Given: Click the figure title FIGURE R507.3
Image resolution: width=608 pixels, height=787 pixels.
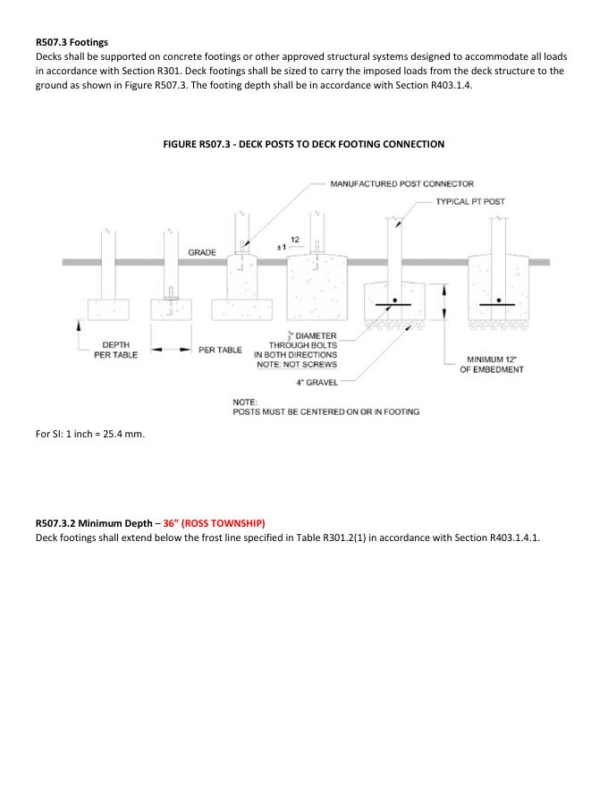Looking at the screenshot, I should click(303, 144).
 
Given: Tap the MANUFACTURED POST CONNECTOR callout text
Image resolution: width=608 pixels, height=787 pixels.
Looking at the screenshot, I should click(401, 183).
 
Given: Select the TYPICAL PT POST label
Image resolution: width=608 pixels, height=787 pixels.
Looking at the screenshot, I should click(470, 201).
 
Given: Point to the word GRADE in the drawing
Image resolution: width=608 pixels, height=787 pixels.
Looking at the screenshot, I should click(202, 253).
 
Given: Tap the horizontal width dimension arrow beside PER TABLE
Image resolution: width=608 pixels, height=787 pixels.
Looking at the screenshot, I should click(169, 350).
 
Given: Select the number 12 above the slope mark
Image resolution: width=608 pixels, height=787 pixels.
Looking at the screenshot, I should click(294, 239).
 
